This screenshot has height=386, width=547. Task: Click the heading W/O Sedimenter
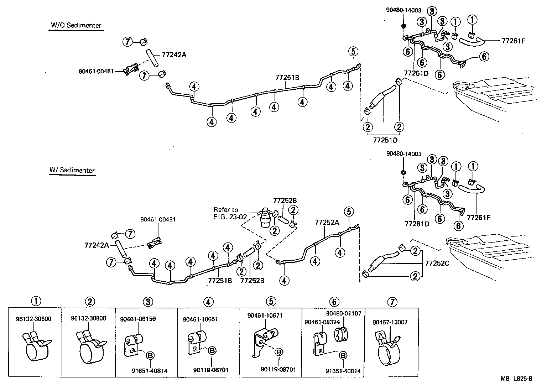(x=76, y=25)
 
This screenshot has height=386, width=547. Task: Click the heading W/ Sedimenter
(x=72, y=170)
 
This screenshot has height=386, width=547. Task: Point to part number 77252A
(x=327, y=222)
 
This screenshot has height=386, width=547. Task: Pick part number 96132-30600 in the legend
(x=33, y=318)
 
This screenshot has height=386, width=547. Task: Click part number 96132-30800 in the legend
(x=88, y=318)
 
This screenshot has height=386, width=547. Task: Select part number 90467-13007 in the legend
(x=390, y=322)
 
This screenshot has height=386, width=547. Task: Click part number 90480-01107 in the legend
(x=344, y=313)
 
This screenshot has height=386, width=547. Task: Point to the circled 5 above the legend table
(x=271, y=302)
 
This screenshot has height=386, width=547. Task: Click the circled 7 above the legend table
(x=391, y=302)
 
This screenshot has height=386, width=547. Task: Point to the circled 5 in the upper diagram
(x=353, y=52)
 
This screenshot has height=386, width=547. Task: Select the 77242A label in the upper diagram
(x=174, y=55)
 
